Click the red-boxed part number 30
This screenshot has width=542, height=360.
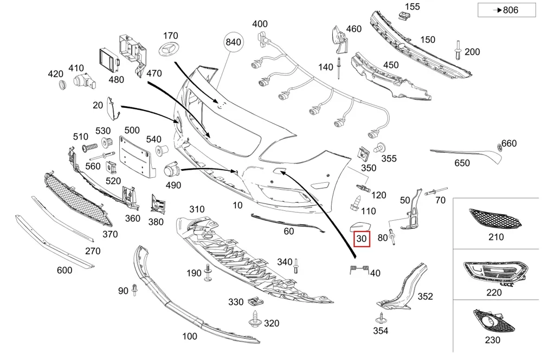(362, 239)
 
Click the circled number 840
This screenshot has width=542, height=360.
(233, 42)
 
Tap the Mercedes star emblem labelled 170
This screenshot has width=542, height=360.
(169, 49)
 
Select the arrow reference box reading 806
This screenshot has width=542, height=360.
(506, 10)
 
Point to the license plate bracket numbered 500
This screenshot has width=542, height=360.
(136, 157)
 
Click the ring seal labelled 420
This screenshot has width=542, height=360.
(62, 85)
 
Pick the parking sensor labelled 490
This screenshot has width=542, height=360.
(171, 170)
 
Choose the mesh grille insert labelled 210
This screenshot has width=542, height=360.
(495, 218)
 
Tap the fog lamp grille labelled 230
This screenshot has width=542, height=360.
(494, 321)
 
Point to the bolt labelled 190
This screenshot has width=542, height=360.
(208, 273)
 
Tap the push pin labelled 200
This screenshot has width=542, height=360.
(458, 50)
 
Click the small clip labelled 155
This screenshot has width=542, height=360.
(402, 15)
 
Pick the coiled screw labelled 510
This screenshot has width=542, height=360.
(89, 147)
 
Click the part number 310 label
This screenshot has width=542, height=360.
(197, 209)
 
